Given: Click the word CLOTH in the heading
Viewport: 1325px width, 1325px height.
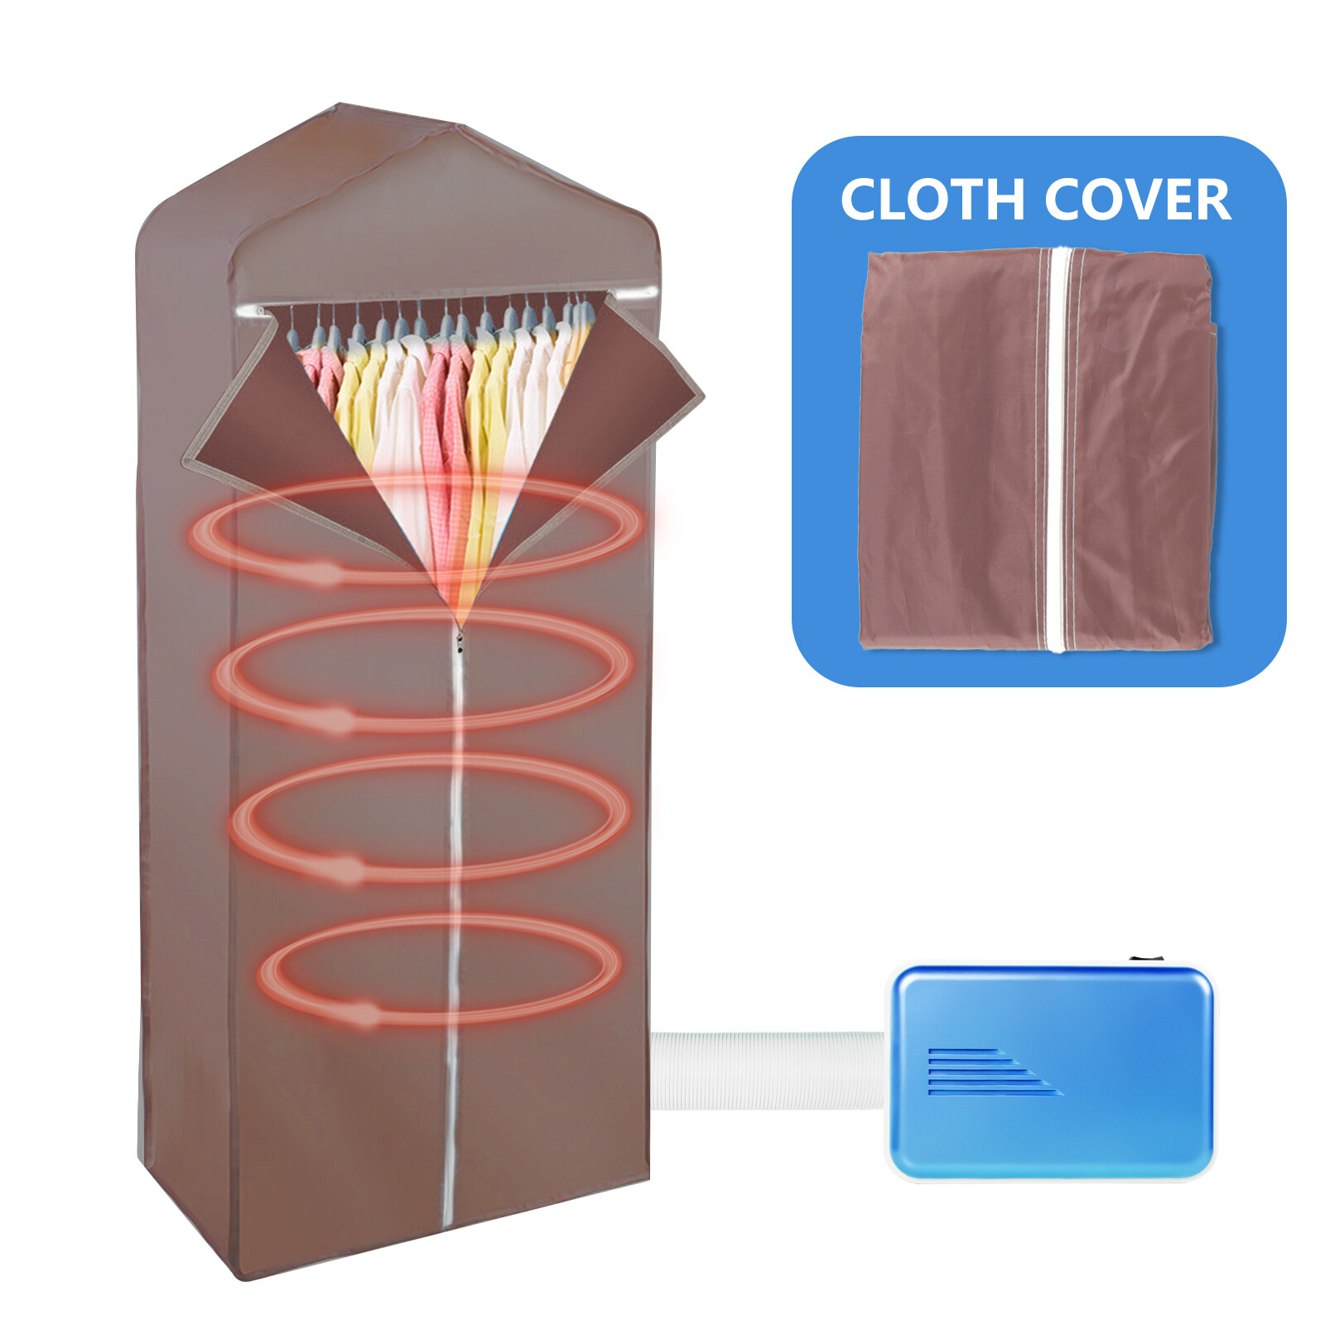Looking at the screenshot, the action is (933, 200).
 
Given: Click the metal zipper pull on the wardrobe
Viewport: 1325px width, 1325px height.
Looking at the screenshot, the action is (459, 639).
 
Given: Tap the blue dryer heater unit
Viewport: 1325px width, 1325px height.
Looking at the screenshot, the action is (1052, 1068).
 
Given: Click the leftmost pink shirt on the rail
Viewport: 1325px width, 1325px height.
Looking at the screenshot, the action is (319, 373).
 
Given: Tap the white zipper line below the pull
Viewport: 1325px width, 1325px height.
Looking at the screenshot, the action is (454, 911).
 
